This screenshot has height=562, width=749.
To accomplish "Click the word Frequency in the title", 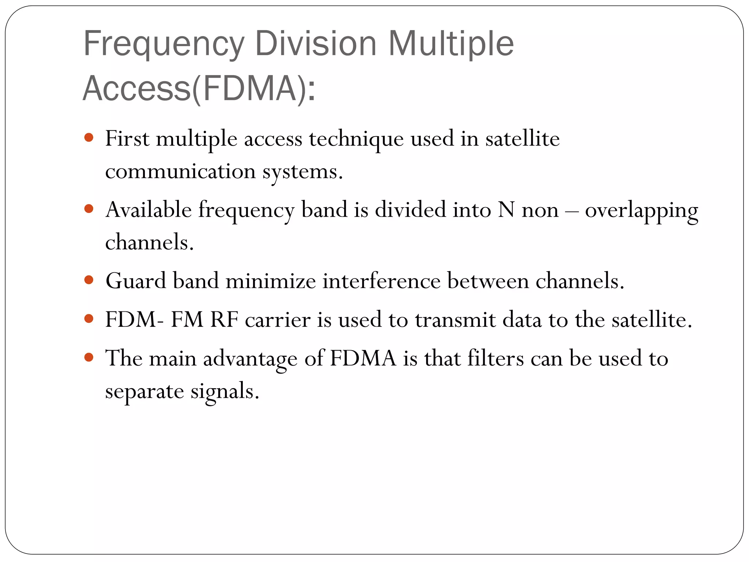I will pos(163,44).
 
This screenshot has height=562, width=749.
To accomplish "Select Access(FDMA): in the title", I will pos(199,88).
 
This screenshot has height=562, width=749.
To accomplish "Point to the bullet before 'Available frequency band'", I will pos(89,209).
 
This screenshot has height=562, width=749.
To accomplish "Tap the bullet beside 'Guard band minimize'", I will pos(89,280).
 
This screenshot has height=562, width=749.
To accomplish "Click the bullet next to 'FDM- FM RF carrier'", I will pos(89,319).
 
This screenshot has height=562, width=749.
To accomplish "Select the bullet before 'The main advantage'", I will pos(89,357).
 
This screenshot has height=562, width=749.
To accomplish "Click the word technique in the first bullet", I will pos(356,139).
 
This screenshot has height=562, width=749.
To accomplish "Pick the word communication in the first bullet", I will pos(180,172).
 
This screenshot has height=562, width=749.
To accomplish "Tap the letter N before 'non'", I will pos(506,210).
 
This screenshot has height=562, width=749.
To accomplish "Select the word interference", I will pos(381,281).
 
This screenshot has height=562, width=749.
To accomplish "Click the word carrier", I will pos(278,320).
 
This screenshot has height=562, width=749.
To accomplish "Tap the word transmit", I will pos(455,320).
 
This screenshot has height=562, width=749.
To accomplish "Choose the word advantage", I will pos(250,359).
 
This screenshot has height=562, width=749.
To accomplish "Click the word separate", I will pos(144,392).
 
